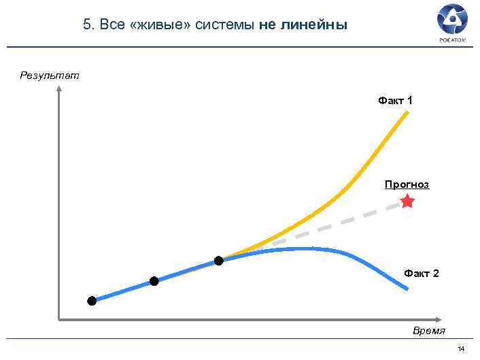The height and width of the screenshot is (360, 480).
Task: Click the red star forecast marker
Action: [407, 201]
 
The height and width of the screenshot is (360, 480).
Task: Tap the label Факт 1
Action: [395, 101]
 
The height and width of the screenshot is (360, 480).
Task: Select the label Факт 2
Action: [422, 273]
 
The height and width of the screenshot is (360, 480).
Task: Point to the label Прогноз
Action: [407, 184]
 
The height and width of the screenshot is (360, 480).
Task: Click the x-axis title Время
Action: [429, 331]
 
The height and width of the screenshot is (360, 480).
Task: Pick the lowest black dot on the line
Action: [92, 301]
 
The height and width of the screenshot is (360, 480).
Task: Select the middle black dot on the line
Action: [154, 281]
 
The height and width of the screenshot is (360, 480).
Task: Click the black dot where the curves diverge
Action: [218, 261]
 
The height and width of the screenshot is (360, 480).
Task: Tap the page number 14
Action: [462, 349]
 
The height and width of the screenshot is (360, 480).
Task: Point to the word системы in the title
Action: [224, 25]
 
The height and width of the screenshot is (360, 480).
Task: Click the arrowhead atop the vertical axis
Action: [59, 88]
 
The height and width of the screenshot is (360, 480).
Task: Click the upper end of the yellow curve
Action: [407, 112]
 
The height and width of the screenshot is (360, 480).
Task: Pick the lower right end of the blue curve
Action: [407, 289]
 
